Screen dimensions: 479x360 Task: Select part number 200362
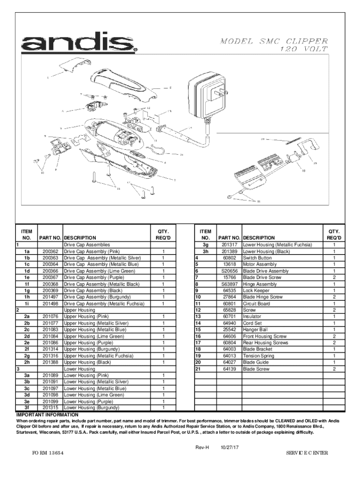pos(50,251)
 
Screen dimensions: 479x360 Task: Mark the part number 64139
pos(230,369)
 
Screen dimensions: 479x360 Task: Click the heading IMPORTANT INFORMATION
pos(47,415)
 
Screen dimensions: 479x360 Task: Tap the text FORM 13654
pos(48,454)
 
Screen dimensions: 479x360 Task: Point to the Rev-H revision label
pos(202,447)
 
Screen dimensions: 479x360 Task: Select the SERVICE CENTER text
pos(307,454)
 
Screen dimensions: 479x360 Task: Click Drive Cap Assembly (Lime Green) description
pos(94,271)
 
